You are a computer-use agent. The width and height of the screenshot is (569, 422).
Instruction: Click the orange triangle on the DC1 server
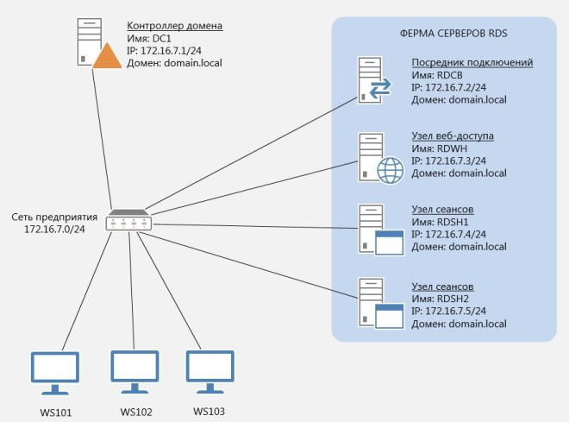pyautogui.click(x=107, y=57)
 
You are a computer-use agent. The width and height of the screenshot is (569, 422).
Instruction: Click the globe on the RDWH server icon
pyautogui.click(x=391, y=171)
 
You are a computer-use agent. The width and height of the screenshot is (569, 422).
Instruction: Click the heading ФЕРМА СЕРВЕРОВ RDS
pyautogui.click(x=445, y=36)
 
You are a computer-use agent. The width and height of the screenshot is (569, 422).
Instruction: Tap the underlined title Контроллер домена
pyautogui.click(x=174, y=26)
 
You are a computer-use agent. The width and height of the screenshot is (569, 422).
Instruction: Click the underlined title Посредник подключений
pyautogui.click(x=472, y=63)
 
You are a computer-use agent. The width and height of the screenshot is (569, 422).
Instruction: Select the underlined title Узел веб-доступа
pyautogui.click(x=453, y=136)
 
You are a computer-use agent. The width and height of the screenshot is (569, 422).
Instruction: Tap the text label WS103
pyautogui.click(x=209, y=411)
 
